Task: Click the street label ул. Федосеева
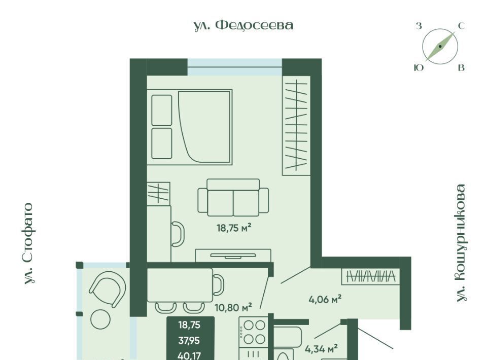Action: pos(243,25)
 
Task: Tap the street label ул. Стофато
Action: pos(29,243)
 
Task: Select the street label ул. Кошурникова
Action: pos(461,243)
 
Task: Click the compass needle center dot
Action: pos(440,47)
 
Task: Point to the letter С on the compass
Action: pos(462,26)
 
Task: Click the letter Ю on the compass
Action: pos(419,67)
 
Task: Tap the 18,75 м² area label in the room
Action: pos(234,228)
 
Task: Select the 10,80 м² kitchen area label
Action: pos(233,308)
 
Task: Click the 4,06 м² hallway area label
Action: pos(325,299)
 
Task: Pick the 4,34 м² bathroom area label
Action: pos(321,349)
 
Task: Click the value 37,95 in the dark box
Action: pos(189,341)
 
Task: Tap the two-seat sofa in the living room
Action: pos(233,197)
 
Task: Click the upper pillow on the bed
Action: pos(162,110)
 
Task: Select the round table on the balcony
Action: pos(100,319)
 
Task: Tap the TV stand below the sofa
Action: pos(233,256)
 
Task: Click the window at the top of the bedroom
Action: pos(235,67)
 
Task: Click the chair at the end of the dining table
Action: pos(218,285)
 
